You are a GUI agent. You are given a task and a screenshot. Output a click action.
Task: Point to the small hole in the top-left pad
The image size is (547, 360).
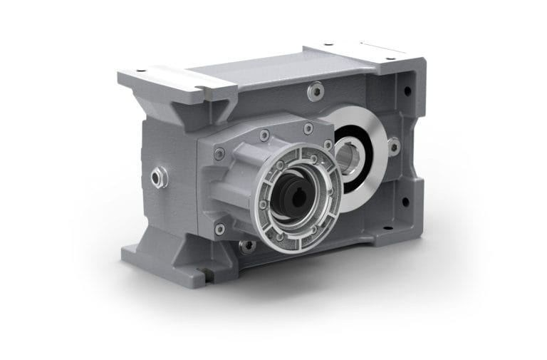(x=140, y=71)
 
